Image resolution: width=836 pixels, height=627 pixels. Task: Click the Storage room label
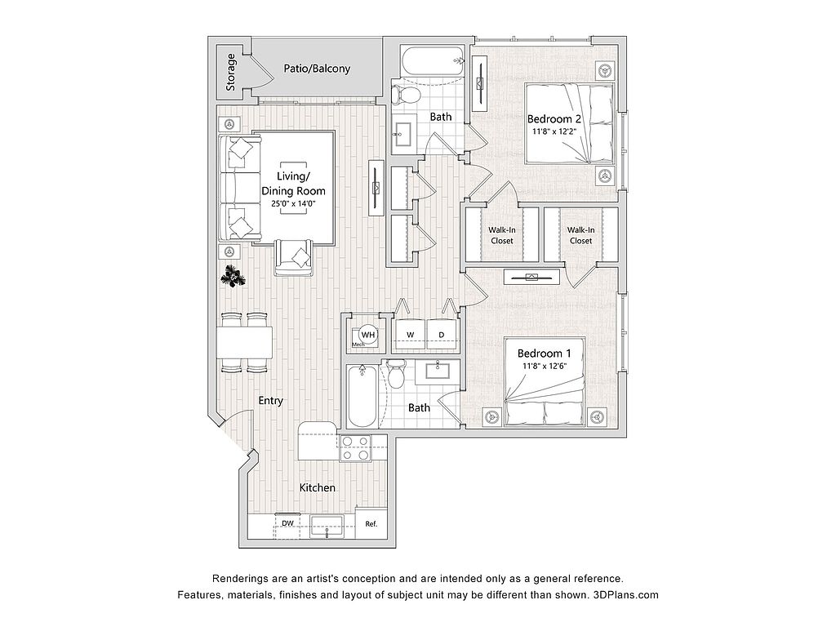point(230,73)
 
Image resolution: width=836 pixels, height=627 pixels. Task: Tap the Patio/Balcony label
point(317,69)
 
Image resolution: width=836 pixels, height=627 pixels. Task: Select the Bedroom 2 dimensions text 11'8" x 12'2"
point(554,131)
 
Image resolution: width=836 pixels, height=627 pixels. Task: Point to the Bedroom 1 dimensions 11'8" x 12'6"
point(544,366)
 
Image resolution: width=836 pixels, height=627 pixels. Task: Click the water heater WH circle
point(368,335)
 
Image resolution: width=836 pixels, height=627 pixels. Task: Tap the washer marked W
point(410,335)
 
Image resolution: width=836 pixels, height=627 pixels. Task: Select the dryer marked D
point(442,335)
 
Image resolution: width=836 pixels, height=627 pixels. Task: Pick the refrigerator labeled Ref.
point(371,523)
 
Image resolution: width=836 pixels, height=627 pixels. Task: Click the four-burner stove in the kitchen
point(356,448)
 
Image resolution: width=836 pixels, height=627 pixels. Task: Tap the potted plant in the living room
point(233,276)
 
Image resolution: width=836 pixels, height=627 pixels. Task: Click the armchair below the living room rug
point(293,257)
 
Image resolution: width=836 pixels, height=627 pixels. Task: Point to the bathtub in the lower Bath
point(362,396)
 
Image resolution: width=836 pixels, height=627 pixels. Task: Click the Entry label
point(270,400)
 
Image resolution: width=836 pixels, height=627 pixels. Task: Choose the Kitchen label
point(318,487)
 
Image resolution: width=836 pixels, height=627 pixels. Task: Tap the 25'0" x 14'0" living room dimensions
point(293,203)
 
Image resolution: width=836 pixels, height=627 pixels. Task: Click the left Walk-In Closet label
point(502,235)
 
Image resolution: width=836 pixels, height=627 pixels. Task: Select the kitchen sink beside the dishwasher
point(327,526)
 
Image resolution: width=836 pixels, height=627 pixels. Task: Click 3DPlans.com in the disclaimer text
point(626,594)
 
